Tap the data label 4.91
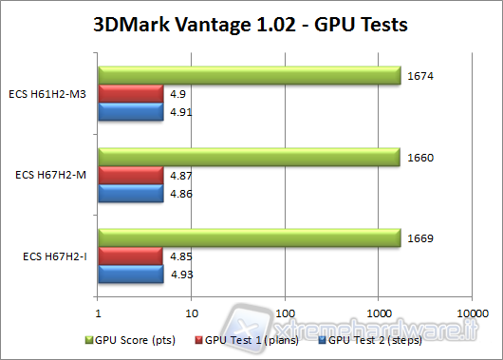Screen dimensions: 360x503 pyautogui.click(x=181, y=113)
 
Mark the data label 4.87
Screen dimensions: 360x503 pyautogui.click(x=181, y=176)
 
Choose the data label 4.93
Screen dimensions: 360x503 pyautogui.click(x=181, y=275)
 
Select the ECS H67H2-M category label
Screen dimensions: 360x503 pyautogui.click(x=53, y=175)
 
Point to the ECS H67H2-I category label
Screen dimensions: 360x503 pyautogui.click(x=55, y=256)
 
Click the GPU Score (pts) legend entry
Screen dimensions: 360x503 pyautogui.click(x=125, y=339)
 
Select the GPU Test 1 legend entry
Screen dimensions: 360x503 pyautogui.click(x=241, y=339)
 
